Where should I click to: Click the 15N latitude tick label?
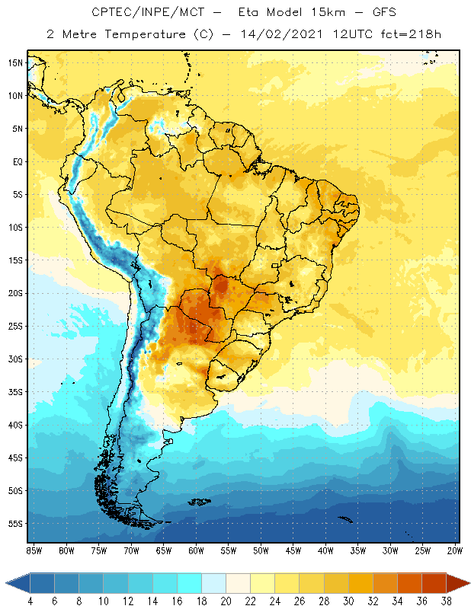[x=14, y=62]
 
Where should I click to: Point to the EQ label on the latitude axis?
[x=14, y=161]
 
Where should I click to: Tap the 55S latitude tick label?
[x=14, y=524]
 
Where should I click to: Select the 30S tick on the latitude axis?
[x=14, y=359]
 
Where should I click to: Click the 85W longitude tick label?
[x=34, y=550]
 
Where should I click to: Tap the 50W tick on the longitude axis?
[x=261, y=550]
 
